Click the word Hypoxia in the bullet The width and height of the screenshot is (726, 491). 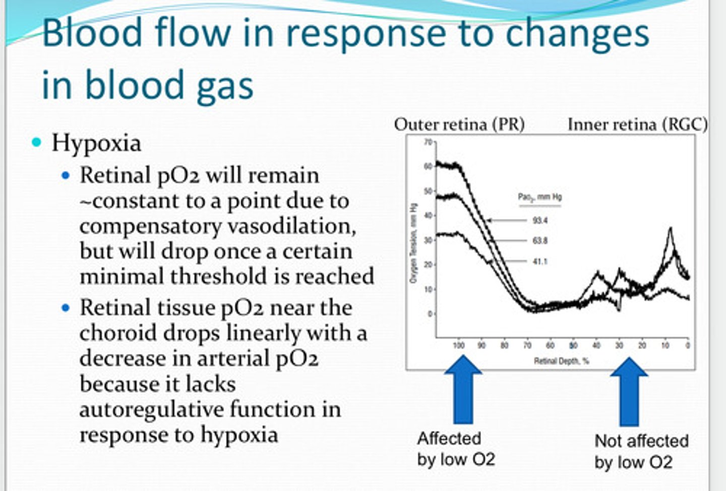pos(96,143)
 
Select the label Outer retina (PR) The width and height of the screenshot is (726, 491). pos(459,124)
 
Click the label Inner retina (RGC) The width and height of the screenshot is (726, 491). pos(637,124)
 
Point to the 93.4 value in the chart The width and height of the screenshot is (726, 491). pos(540,221)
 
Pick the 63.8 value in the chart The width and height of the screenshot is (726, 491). pos(540,241)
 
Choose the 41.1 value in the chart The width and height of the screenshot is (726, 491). pos(540,261)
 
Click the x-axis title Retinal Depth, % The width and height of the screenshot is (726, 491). pos(562,361)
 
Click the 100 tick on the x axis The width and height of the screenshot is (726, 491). pos(458,346)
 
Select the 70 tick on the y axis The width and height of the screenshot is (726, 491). pos(428,142)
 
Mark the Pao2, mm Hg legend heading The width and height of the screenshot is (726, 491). pos(540,197)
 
